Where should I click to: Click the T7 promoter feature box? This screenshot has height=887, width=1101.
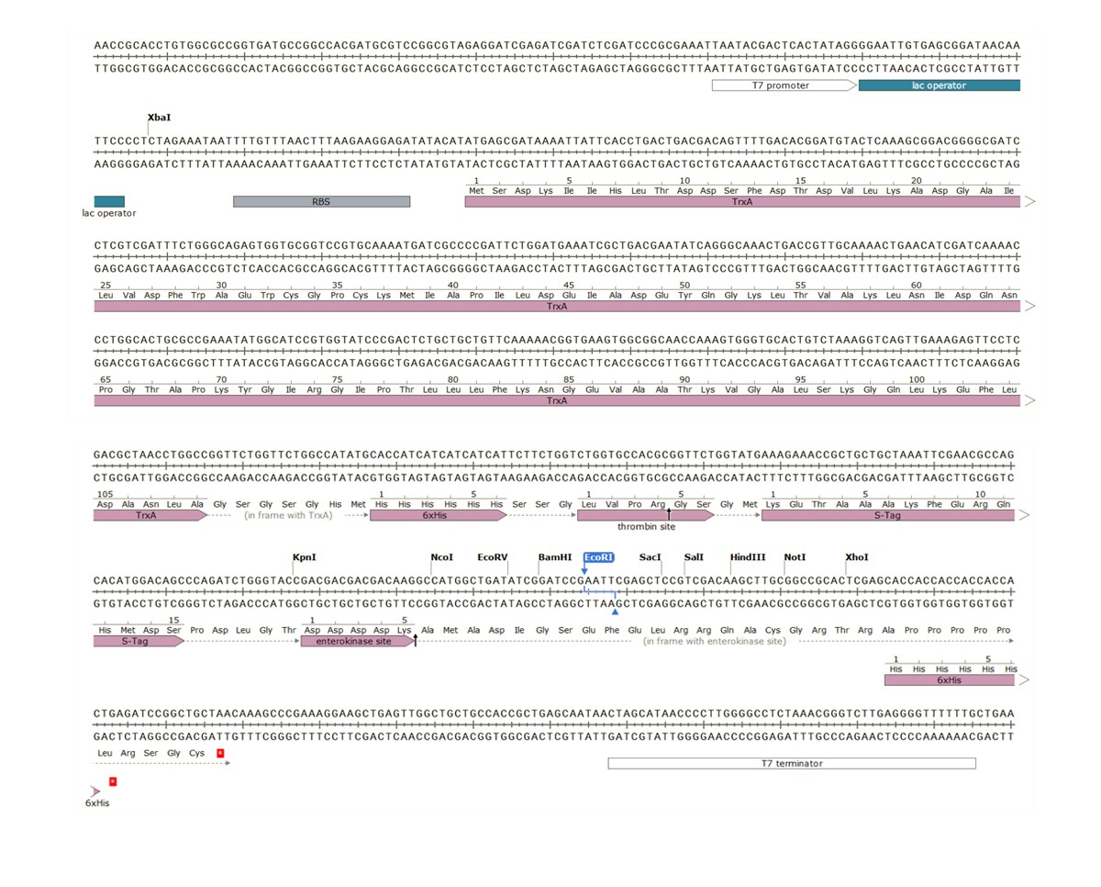(784, 85)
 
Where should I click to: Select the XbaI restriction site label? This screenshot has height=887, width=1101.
(159, 118)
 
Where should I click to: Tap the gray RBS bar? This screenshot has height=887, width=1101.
(321, 201)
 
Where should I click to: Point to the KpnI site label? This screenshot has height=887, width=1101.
(304, 557)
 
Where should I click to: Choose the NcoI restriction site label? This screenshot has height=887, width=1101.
(441, 557)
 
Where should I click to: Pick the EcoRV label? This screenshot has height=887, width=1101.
(493, 557)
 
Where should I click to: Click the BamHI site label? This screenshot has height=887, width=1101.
(554, 557)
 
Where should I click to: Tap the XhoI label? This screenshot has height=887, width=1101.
(856, 557)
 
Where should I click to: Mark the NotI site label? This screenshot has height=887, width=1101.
(795, 557)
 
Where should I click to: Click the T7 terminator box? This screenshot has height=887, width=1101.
(791, 763)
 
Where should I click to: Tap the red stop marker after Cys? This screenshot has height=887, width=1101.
(219, 753)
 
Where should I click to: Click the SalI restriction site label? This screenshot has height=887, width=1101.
(695, 557)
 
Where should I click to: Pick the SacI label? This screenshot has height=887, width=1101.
(650, 557)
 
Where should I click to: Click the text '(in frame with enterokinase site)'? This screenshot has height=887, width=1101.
(715, 641)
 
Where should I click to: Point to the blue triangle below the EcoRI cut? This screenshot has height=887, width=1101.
(615, 612)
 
